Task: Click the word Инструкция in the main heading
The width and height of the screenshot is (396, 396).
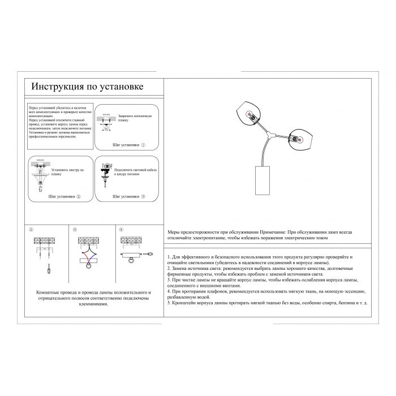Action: point(53,87)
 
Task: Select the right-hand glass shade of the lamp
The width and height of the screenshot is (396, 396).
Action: point(302,137)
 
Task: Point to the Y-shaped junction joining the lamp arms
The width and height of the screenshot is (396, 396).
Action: point(273,134)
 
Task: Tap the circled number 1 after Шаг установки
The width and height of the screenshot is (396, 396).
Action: point(143,145)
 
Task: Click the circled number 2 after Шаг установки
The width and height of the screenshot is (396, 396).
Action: point(79,197)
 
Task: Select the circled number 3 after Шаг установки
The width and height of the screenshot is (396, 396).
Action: point(143,197)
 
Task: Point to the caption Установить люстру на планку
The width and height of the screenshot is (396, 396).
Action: point(67,172)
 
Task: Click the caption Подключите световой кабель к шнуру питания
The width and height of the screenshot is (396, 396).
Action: point(131,172)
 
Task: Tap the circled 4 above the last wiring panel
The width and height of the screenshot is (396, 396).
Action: point(120,229)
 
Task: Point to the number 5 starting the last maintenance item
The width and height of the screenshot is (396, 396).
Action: point(169,303)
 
